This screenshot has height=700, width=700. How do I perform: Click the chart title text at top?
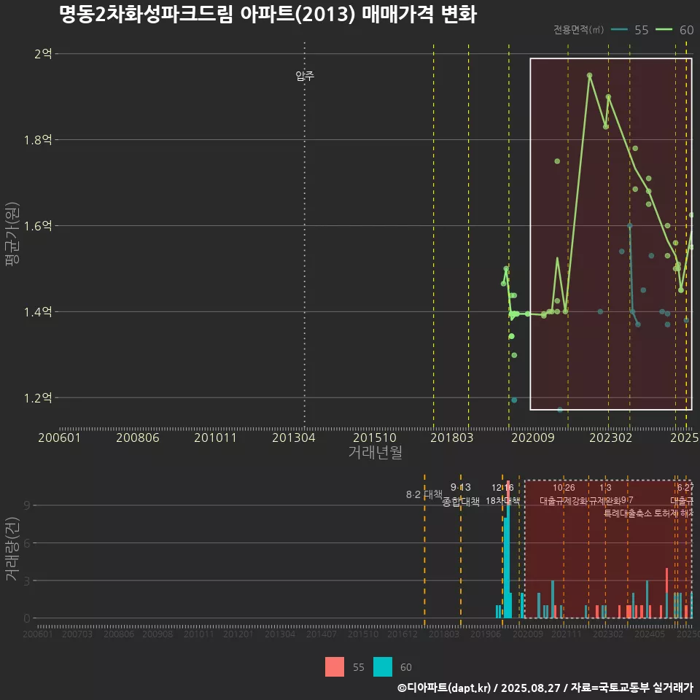(x=268, y=15)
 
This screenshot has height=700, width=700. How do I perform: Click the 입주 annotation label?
(x=305, y=76)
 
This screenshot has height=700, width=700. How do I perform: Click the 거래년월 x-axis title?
(x=375, y=453)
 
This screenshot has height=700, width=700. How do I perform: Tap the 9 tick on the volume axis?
(x=27, y=505)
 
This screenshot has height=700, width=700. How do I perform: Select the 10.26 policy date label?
(x=564, y=488)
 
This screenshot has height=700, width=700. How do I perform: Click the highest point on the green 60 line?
(x=589, y=75)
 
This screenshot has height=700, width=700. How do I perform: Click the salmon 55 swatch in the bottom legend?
(x=335, y=666)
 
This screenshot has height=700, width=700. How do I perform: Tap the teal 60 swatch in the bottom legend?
(x=383, y=666)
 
